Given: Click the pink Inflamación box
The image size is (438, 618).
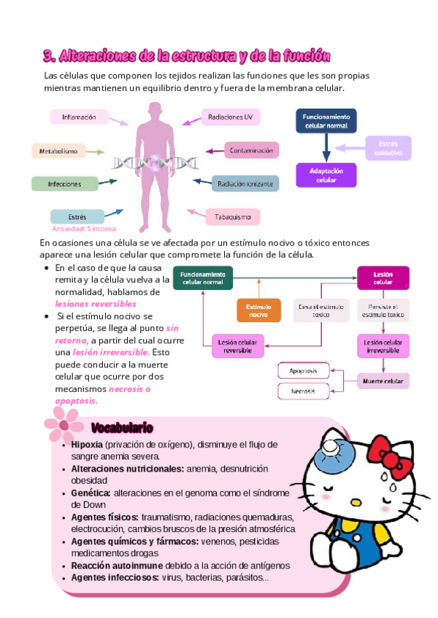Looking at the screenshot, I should [79, 117].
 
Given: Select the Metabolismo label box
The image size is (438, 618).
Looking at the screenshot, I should [58, 151].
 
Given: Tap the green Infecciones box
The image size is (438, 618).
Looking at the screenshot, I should [64, 184].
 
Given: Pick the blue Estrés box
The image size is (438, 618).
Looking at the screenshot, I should [77, 216].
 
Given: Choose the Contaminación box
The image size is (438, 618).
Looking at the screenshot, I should [251, 151].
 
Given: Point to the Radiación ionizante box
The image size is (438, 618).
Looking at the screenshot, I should [245, 184].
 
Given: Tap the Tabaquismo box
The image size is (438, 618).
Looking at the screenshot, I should [233, 216].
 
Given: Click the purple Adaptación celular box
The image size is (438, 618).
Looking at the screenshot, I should [326, 175].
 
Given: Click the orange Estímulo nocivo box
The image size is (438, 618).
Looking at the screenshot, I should [258, 310].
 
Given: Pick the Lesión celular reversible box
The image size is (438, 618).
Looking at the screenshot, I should [238, 345].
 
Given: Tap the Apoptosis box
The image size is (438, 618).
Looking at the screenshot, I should [303, 370].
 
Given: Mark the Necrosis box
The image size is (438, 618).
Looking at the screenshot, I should [303, 391].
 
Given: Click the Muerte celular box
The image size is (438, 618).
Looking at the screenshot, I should [383, 380].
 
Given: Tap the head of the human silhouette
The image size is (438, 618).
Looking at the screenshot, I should [155, 112].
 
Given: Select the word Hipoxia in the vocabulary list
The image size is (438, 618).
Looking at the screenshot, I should [87, 445].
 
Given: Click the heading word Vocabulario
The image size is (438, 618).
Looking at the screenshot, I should [122, 427].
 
